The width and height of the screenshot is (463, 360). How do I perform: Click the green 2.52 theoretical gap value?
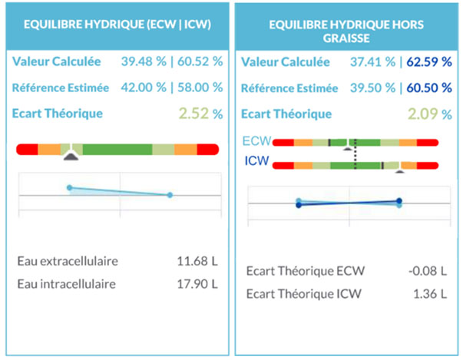[194, 114]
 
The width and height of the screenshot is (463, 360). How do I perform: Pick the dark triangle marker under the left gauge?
[71, 157]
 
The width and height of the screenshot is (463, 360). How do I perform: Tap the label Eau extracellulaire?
[68, 262]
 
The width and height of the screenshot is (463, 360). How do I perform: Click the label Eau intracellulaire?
[66, 284]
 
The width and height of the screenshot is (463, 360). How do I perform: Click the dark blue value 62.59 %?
[428, 61]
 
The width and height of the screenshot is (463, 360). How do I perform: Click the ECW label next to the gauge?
[254, 141]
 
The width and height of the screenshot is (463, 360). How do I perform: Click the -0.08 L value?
[425, 271]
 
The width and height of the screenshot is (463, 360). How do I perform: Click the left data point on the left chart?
[69, 187]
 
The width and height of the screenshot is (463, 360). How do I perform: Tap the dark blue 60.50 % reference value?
[428, 88]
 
